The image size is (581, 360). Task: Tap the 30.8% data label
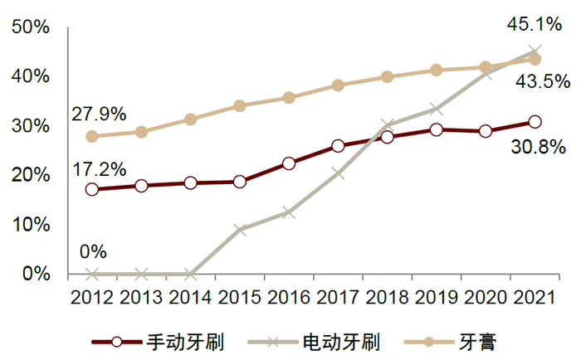(x=539, y=148)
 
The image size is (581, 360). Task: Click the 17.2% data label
(x=99, y=169)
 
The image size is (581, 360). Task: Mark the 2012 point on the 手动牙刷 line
(x=92, y=189)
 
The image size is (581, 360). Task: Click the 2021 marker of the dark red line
(x=535, y=123)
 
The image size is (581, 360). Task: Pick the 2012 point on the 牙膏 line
(x=92, y=136)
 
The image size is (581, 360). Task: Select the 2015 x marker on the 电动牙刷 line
(x=240, y=229)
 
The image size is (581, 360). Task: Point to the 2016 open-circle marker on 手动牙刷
(x=289, y=163)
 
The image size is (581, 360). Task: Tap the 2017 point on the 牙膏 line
(x=338, y=85)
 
